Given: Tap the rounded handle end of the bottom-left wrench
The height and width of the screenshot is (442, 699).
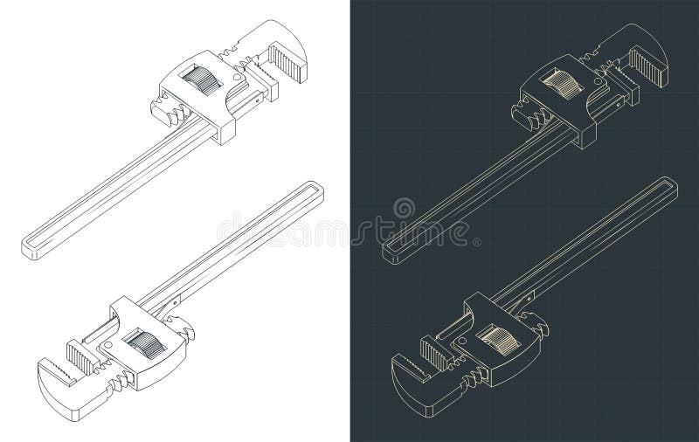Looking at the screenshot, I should [310, 190].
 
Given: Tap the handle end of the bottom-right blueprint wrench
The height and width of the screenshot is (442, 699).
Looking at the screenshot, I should [672, 190].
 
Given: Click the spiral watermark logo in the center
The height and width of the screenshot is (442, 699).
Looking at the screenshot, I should [405, 211].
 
